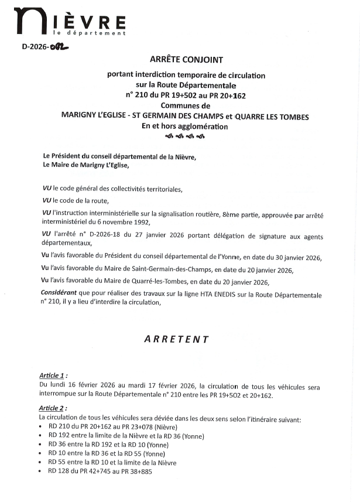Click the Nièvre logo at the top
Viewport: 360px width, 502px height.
70,22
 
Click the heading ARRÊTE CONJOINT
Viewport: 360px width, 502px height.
186,59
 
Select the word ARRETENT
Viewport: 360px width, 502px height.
177,339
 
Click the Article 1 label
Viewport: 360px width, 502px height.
53,375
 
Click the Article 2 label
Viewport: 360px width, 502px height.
53,408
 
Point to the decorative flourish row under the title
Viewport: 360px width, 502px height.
186,136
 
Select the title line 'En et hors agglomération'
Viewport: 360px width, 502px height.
186,126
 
